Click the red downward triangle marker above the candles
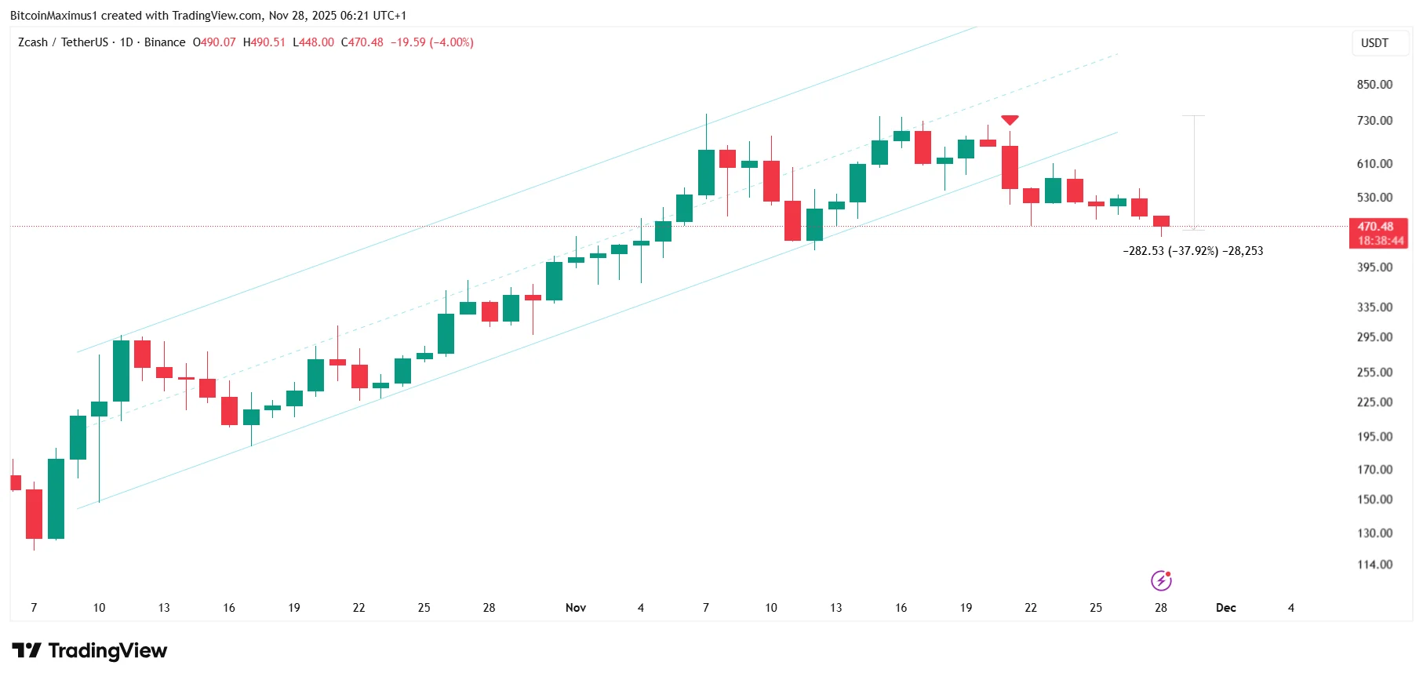point(1010,120)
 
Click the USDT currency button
point(1374,43)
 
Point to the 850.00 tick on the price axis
point(1374,85)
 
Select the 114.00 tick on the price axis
point(1374,565)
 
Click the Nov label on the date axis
point(576,608)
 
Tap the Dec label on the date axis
point(1225,608)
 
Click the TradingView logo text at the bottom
point(107,651)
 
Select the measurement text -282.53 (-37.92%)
point(1170,251)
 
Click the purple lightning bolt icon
point(1161,580)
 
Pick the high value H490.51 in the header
point(264,42)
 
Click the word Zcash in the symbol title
point(33,42)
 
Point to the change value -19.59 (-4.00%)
point(432,42)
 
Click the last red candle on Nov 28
point(1161,221)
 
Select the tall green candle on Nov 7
point(706,173)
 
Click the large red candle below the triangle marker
point(1010,167)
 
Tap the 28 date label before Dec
point(1161,608)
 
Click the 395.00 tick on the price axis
point(1374,267)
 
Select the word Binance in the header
point(165,42)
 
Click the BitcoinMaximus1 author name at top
point(53,16)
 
